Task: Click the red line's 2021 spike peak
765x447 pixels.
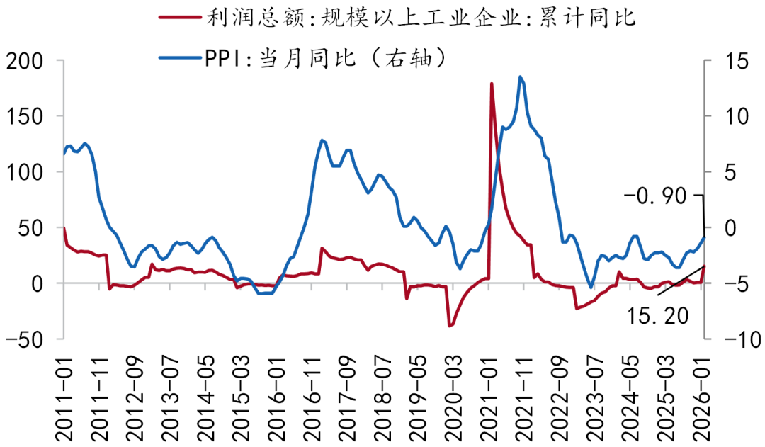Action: pos(491,84)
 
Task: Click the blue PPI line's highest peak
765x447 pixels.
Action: pos(520,77)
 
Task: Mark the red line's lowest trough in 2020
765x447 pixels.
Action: pos(449,326)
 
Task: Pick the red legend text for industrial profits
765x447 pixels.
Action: pos(421,17)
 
